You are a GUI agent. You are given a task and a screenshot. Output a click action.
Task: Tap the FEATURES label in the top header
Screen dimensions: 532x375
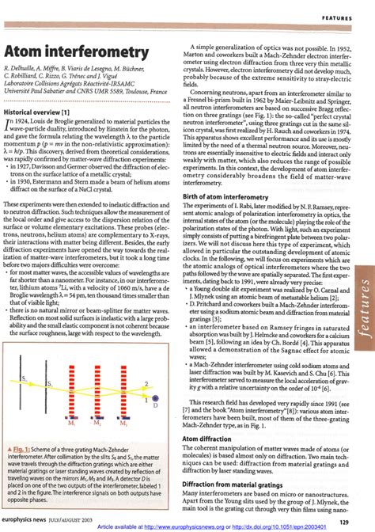(343, 16)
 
